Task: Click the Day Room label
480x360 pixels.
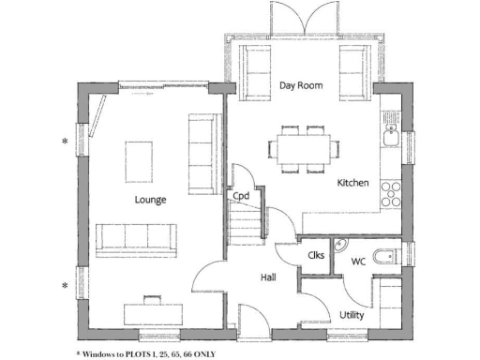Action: pos(301,85)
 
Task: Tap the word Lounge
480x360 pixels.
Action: pos(150,200)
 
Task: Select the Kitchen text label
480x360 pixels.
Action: pos(352,183)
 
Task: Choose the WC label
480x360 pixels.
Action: pos(358,262)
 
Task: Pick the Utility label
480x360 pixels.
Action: pos(352,315)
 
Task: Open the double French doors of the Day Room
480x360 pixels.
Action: pos(300,19)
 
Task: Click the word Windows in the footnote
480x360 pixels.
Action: pos(97,353)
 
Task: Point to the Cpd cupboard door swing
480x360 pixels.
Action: pos(241,176)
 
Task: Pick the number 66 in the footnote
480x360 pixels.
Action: pos(184,353)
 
